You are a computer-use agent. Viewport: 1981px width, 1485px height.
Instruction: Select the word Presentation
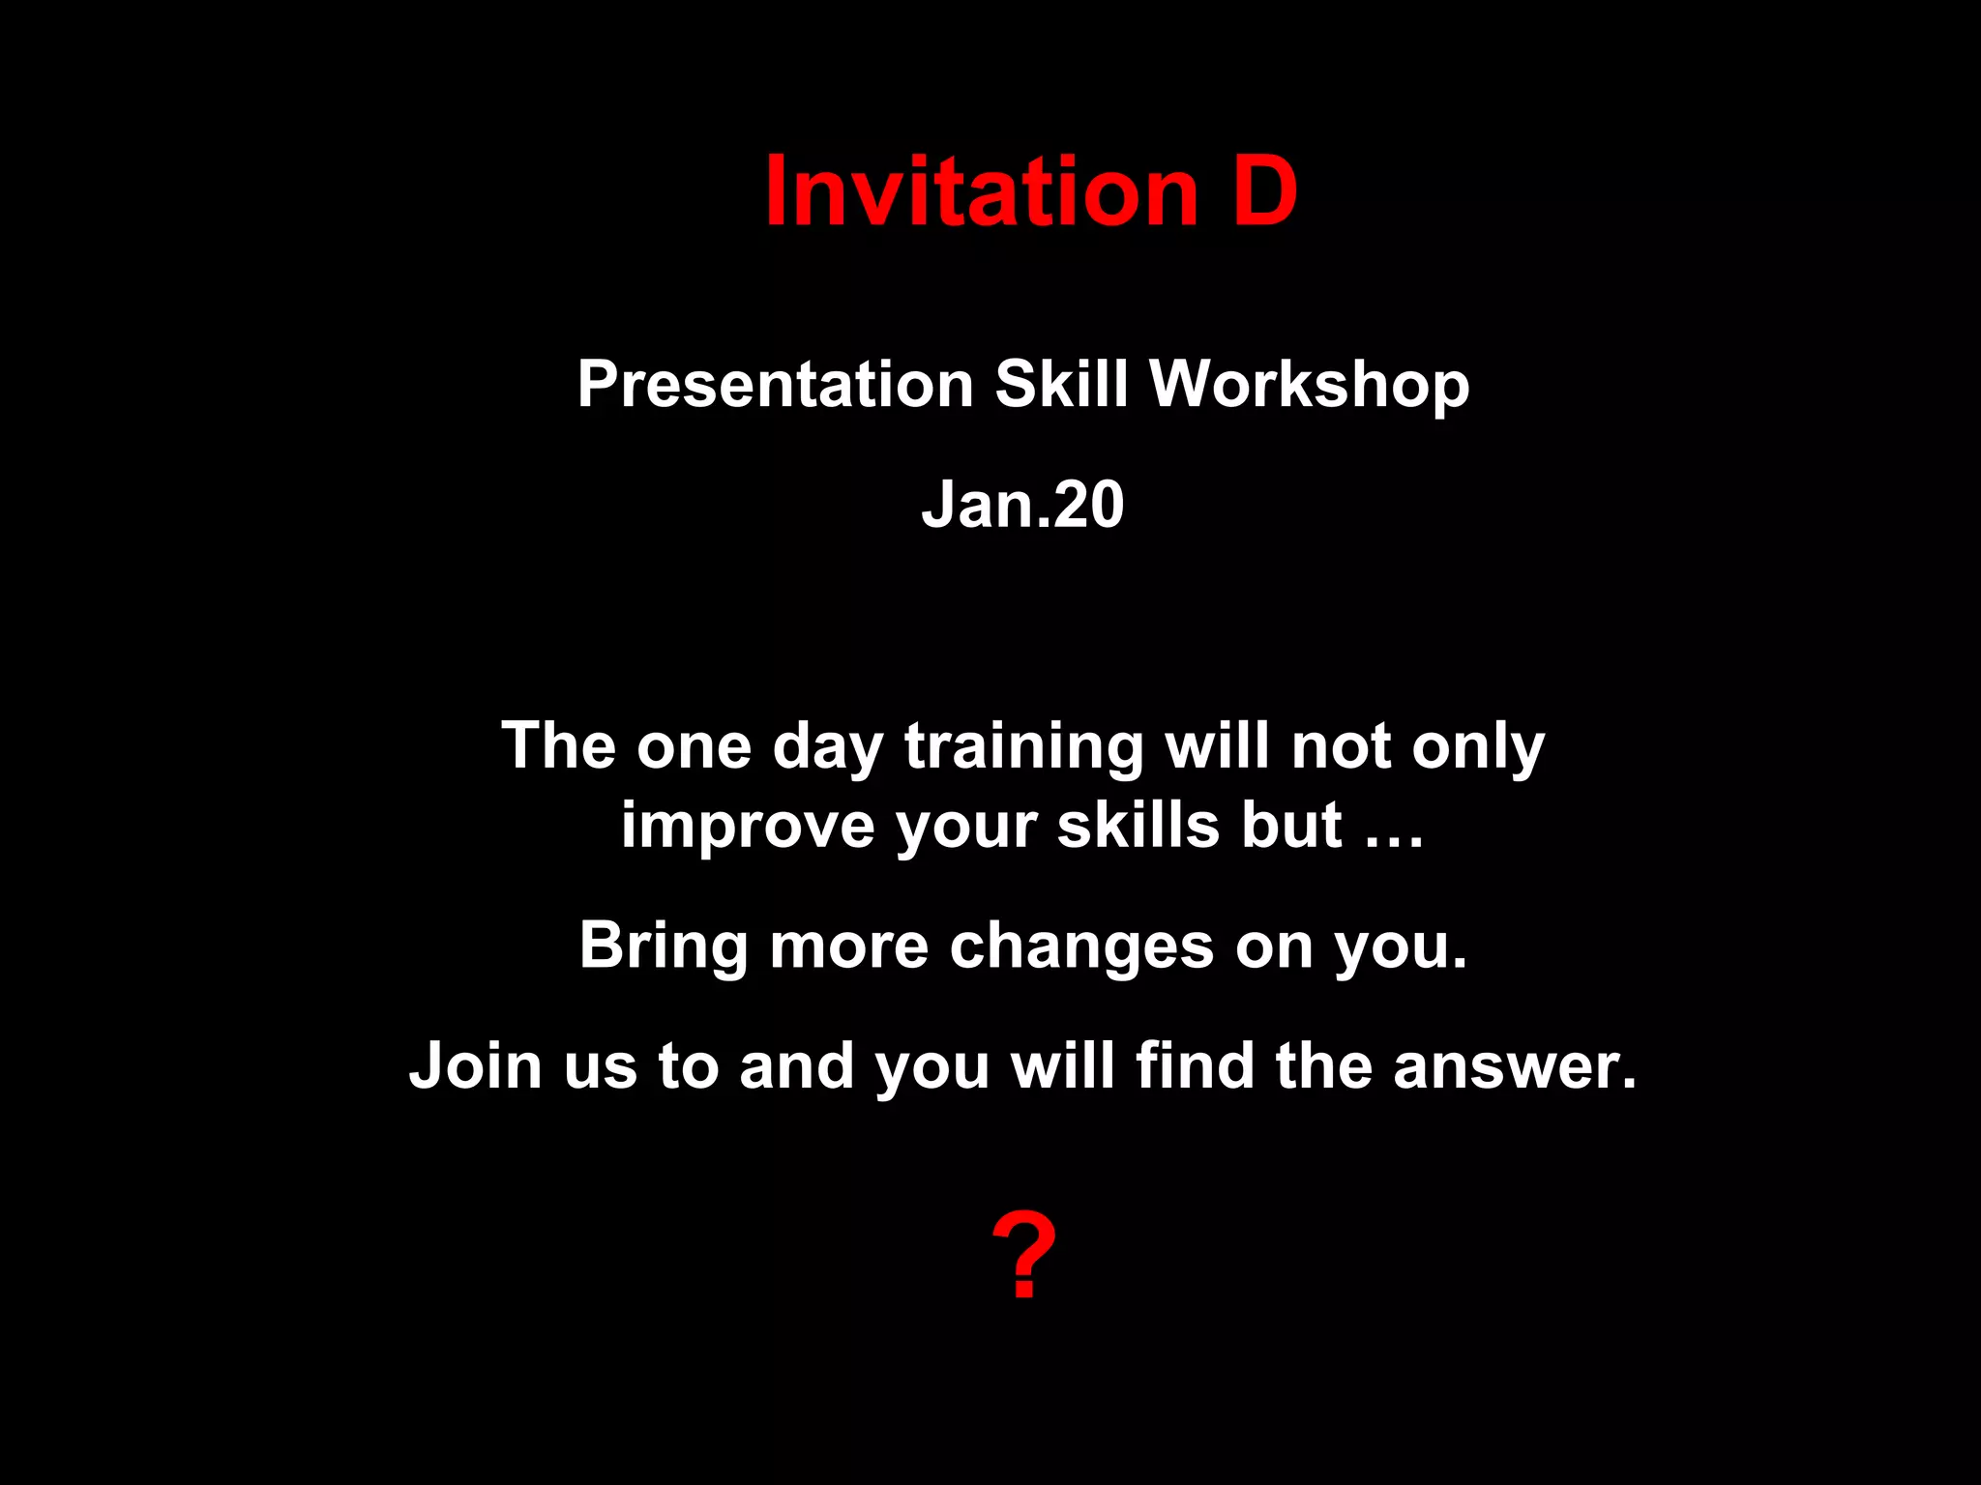point(775,385)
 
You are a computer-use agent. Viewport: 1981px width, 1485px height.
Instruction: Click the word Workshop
point(1310,385)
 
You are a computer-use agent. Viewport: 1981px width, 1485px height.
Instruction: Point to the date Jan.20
point(1022,505)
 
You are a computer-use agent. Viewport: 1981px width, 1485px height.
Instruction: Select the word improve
point(748,826)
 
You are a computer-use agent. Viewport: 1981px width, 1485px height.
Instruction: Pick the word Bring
point(664,946)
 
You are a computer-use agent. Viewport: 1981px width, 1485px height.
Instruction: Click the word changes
point(1081,946)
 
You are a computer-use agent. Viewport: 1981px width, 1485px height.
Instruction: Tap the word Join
point(475,1065)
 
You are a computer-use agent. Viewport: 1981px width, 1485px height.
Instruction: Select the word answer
point(1515,1065)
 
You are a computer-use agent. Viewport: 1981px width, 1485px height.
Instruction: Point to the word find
point(1195,1065)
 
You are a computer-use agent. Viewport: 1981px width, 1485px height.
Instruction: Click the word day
point(828,746)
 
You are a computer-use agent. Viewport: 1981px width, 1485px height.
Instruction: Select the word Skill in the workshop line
point(1062,385)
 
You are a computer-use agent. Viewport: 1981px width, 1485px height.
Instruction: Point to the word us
point(600,1065)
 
